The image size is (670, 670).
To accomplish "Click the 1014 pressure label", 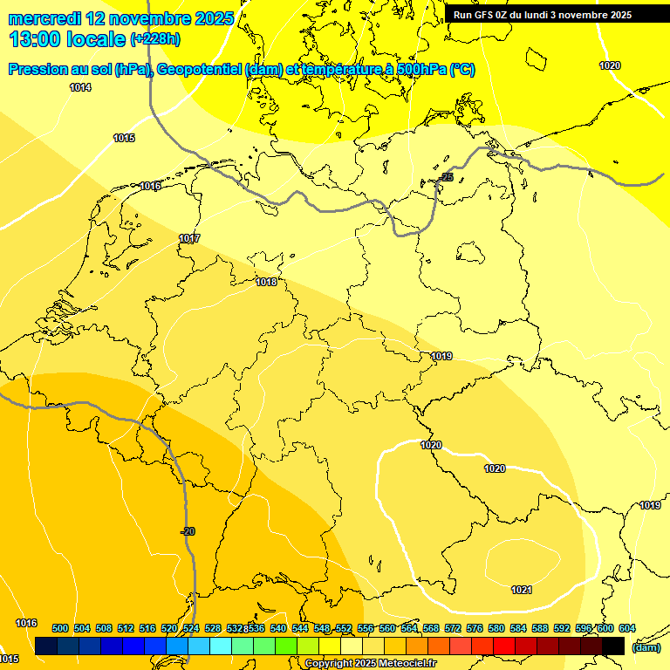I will [x=80, y=87].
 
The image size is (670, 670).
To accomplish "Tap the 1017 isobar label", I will [x=189, y=239].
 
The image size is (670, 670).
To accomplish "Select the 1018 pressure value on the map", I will [x=266, y=282].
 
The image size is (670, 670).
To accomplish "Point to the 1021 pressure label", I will [x=521, y=591].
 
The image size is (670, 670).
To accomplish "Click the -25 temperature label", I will [x=447, y=178].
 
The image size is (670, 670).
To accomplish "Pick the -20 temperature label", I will [x=188, y=532].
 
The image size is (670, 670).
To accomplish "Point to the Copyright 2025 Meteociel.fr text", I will [x=370, y=664].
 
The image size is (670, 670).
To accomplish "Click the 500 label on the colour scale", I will [x=60, y=628].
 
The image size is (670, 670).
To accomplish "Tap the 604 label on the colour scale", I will [x=626, y=628].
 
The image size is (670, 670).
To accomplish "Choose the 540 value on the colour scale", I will [x=278, y=628].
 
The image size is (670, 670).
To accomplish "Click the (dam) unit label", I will [x=646, y=647].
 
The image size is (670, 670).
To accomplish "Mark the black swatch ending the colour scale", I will [x=613, y=646].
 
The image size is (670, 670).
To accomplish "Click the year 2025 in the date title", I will [x=211, y=18].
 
